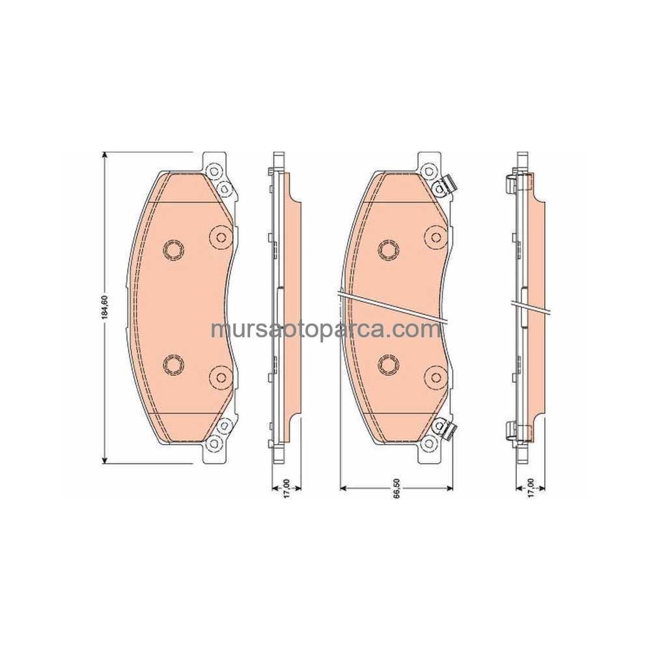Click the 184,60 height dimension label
coord(105,307)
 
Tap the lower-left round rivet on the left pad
coord(173,365)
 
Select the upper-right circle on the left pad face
coord(221,237)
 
